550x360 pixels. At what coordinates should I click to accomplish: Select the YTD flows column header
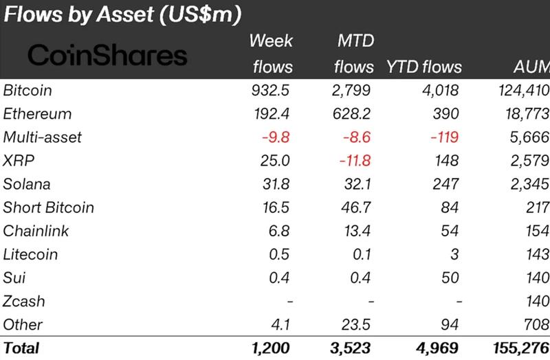click(x=425, y=67)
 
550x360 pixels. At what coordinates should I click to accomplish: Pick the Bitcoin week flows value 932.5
click(x=273, y=90)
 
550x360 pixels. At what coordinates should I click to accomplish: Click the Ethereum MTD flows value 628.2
click(x=353, y=113)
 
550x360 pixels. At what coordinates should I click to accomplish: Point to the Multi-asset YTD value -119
click(x=443, y=137)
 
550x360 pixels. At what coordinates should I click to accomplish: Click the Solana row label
click(x=27, y=183)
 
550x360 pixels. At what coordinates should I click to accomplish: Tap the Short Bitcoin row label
click(x=49, y=207)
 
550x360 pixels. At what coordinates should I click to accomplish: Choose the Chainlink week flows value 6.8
click(x=281, y=231)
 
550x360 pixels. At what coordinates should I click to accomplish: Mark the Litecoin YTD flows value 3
click(x=454, y=254)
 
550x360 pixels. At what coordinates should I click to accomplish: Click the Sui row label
click(x=14, y=278)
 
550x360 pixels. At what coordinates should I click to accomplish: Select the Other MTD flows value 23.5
click(x=359, y=324)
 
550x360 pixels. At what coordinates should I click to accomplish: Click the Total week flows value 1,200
click(x=271, y=348)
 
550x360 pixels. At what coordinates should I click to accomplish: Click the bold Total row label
click(x=22, y=348)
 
